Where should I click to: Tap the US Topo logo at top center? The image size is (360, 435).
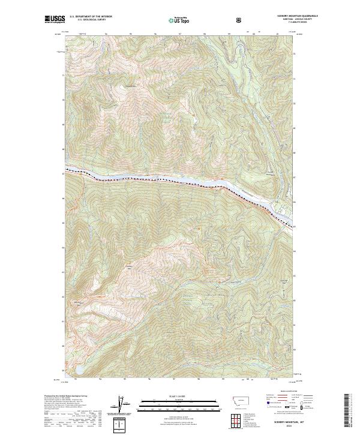(x=173, y=20)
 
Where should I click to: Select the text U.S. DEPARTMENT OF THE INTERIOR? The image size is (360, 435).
(x=91, y=17)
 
